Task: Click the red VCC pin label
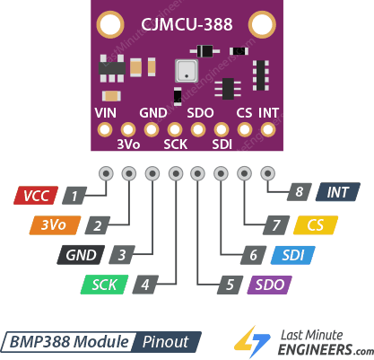point(37,194)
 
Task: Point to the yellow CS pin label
point(314,225)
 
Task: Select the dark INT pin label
point(338,192)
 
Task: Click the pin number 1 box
point(78,194)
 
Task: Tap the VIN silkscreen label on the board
point(106,114)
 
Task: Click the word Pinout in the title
point(166,342)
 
